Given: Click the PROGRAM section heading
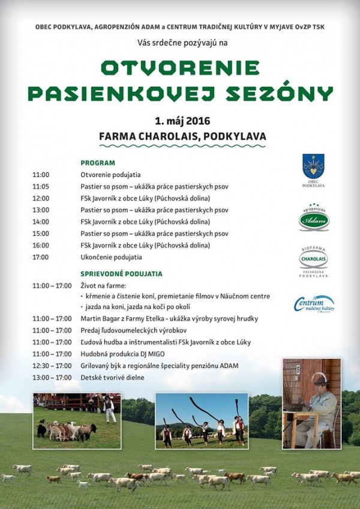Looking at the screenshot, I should [x=98, y=163].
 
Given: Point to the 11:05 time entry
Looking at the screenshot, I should [x=41, y=186].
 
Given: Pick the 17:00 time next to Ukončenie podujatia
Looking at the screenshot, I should [x=41, y=257].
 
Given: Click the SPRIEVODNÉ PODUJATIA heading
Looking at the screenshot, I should [x=121, y=274].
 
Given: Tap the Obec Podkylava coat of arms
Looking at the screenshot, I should [x=313, y=167].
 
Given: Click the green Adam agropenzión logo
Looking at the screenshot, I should [x=314, y=219].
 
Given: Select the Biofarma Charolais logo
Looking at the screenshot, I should [x=314, y=259].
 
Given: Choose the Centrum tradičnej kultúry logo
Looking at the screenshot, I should [x=314, y=304].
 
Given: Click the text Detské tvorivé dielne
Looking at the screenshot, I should [x=113, y=377].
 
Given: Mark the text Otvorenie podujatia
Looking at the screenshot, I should [x=111, y=175].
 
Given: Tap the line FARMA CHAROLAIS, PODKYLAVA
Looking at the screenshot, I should [x=182, y=136].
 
